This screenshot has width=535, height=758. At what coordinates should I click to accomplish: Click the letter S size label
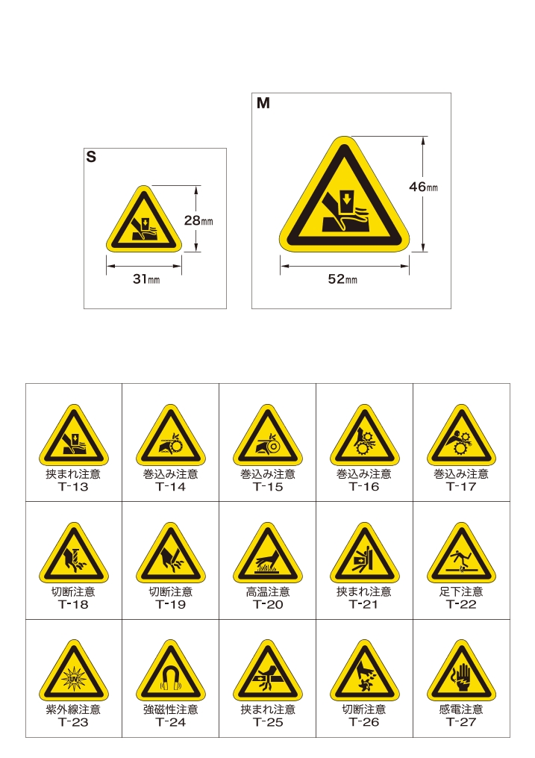point(91,157)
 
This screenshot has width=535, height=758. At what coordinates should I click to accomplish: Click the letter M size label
point(263,103)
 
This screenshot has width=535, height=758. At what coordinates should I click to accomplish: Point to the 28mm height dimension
point(198,220)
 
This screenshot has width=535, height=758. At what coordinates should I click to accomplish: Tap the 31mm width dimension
point(146,279)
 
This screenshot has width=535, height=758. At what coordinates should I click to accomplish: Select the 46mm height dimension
point(424,187)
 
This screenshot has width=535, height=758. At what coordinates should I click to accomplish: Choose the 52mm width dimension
point(342,279)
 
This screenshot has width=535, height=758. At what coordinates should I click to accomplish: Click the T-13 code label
point(73,487)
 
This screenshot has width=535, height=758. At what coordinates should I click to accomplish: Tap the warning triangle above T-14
point(171,435)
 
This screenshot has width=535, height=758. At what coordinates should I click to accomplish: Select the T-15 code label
point(268,487)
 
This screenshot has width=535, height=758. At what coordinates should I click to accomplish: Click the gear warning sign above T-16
point(365,435)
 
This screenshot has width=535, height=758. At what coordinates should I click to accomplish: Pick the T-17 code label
point(462,487)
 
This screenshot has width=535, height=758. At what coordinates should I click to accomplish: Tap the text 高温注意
point(268,591)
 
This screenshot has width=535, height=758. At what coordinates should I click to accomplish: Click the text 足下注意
point(462,591)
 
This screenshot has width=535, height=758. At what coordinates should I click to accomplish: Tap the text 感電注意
point(462,709)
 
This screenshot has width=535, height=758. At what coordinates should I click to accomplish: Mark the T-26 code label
point(364,722)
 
